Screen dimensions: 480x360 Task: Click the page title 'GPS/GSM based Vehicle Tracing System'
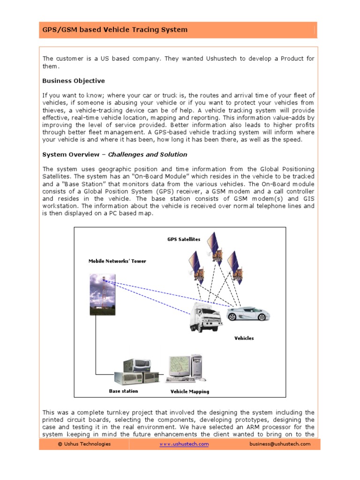[x=115, y=30]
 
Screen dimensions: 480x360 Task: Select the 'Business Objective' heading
[x=74, y=81]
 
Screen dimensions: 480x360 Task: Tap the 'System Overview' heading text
[x=70, y=154]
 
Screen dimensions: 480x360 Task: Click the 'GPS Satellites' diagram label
[x=184, y=239]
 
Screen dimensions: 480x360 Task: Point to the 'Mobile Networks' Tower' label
[x=117, y=261]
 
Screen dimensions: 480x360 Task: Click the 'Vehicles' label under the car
[x=244, y=338]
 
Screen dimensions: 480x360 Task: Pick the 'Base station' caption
[x=123, y=390]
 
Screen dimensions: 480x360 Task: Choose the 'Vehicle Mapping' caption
[x=190, y=391]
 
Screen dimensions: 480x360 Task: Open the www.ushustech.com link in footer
[x=184, y=444]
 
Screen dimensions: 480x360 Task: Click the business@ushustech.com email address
[x=280, y=444]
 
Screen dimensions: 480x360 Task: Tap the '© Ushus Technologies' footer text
[x=84, y=444]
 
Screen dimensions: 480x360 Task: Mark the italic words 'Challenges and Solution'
[x=148, y=154]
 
